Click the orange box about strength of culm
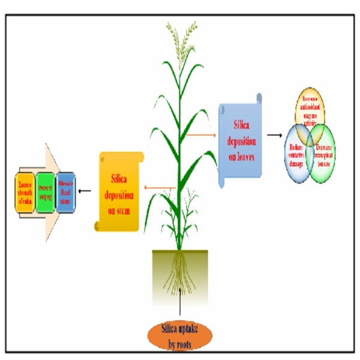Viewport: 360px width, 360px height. [x=25, y=191]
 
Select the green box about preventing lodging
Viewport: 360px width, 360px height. [x=46, y=191]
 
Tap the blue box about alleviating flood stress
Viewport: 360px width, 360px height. [x=65, y=191]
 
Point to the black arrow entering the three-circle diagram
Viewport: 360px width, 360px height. [x=274, y=134]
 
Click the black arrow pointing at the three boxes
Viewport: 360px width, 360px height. [x=85, y=191]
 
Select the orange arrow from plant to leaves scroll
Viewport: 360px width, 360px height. [x=201, y=134]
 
